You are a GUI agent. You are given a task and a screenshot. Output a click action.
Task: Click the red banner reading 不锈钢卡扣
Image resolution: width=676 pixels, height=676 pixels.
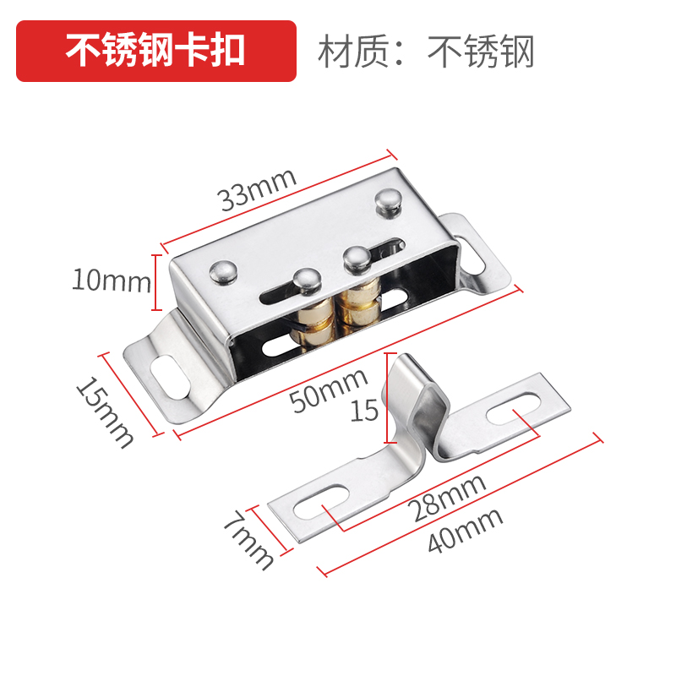[x=156, y=51]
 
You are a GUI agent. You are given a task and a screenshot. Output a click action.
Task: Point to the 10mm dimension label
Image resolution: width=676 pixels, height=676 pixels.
[x=111, y=281]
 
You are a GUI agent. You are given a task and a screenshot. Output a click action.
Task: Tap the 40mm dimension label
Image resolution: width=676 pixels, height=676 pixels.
[x=466, y=532]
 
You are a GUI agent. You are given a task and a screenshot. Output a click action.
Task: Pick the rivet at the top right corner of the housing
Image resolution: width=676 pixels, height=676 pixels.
[x=386, y=202]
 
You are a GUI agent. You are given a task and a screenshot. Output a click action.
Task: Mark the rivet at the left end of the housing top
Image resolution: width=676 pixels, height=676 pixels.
[x=222, y=270]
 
